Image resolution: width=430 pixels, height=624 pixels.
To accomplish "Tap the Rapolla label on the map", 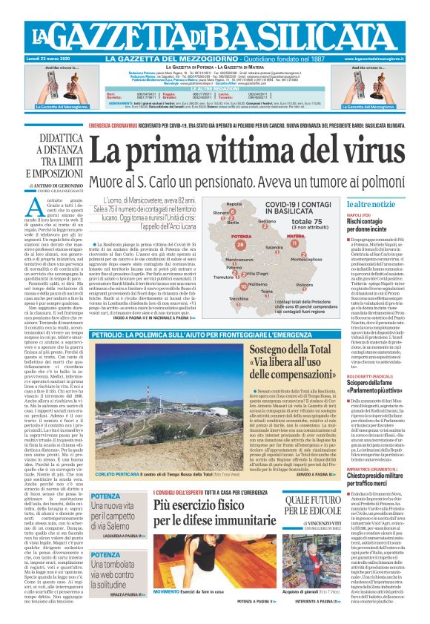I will (234, 203).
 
